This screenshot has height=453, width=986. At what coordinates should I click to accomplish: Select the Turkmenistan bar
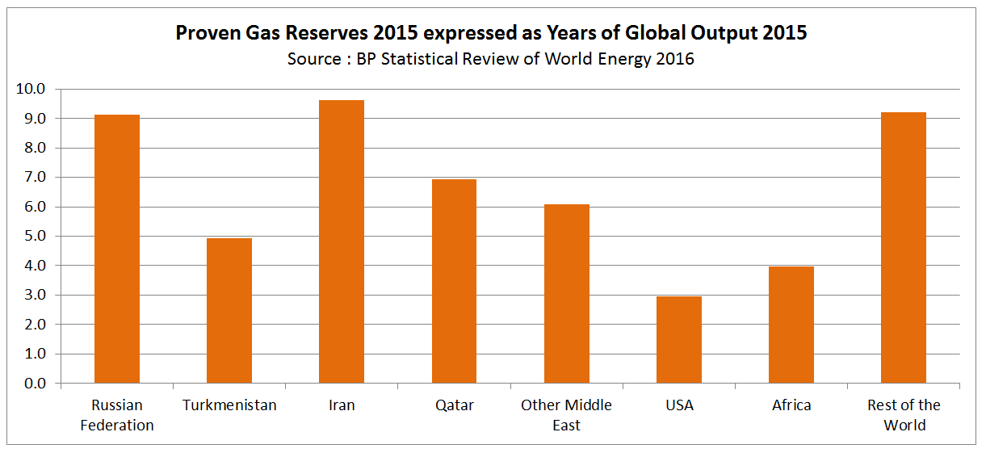pyautogui.click(x=229, y=311)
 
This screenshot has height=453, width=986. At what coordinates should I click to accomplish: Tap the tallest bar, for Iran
pyautogui.click(x=342, y=241)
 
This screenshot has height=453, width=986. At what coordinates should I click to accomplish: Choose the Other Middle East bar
pyautogui.click(x=566, y=294)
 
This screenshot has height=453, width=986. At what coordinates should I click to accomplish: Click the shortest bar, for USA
pyautogui.click(x=678, y=340)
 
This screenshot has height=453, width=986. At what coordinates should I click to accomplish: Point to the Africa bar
pyautogui.click(x=791, y=325)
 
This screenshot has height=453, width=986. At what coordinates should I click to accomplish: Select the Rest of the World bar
pyautogui.click(x=903, y=247)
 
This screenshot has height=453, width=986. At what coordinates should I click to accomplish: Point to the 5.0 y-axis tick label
pyautogui.click(x=34, y=237)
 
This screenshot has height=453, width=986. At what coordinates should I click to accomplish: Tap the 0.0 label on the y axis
pyautogui.click(x=34, y=384)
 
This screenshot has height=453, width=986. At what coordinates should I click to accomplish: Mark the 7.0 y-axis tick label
pyautogui.click(x=34, y=178)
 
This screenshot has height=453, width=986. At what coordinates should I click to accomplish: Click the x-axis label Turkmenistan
pyautogui.click(x=229, y=405)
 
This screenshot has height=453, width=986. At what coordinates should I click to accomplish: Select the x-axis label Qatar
pyautogui.click(x=454, y=405)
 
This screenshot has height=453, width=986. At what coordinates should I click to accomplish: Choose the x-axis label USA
pyautogui.click(x=678, y=405)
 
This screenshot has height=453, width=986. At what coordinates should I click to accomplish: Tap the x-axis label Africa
pyautogui.click(x=791, y=405)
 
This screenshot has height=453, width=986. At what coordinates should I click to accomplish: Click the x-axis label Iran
pyautogui.click(x=342, y=405)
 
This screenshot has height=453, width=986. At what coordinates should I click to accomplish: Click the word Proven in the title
pyautogui.click(x=205, y=34)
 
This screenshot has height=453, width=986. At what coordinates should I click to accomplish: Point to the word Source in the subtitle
pyautogui.click(x=313, y=59)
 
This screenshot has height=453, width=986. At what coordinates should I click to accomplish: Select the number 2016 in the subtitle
pyautogui.click(x=676, y=59)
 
